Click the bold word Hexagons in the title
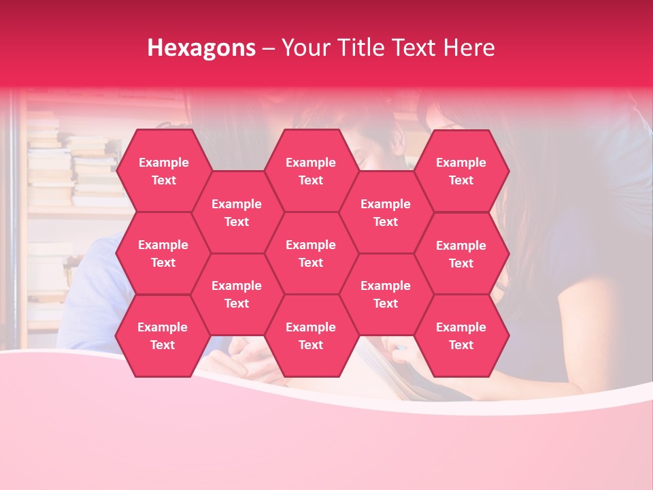coord(201,48)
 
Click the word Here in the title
coord(469,48)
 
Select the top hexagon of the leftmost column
coord(163,171)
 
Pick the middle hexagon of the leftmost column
coord(163,253)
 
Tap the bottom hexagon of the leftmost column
coord(163,336)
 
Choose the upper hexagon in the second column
coord(237,212)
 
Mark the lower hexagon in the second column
coord(237,294)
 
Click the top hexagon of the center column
coord(311,171)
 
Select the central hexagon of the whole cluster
coord(311,253)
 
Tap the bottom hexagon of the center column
coord(311,336)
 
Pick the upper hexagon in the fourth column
coord(386,212)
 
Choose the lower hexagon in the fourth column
coord(386,294)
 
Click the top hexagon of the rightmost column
coord(461,171)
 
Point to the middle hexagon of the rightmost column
coord(461,254)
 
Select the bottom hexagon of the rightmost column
coord(461,336)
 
